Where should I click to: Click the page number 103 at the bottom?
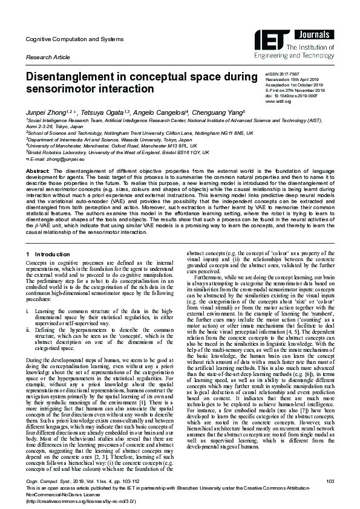(330, 481)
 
